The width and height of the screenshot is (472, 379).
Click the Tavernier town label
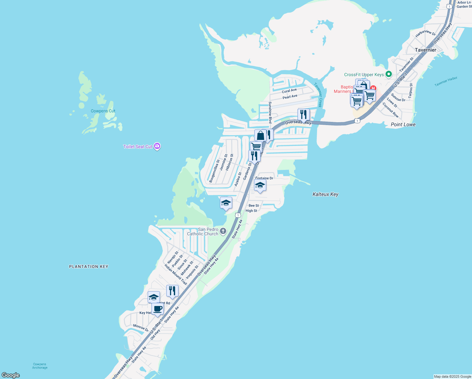(x=426, y=50)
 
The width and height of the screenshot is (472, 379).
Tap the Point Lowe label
(x=403, y=124)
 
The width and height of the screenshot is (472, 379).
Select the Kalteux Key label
(x=325, y=194)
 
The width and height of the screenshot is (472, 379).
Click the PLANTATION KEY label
(x=89, y=267)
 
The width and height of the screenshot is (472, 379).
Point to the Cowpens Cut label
(x=103, y=111)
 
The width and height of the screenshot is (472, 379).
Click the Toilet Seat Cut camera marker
(x=157, y=146)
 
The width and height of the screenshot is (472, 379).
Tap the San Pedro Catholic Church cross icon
(x=223, y=231)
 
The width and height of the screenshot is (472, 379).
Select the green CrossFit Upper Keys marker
(x=389, y=74)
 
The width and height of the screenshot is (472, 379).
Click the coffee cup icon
(x=157, y=309)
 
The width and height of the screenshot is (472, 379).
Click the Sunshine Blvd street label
(x=270, y=112)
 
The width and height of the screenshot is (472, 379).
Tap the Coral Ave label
(x=289, y=91)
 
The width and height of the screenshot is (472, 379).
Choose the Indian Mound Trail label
(x=176, y=274)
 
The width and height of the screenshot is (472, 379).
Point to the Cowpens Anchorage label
(x=40, y=366)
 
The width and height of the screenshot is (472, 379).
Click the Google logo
(x=11, y=375)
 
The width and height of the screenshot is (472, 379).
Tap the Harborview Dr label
(x=425, y=33)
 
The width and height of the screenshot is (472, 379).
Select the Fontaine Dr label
(x=264, y=178)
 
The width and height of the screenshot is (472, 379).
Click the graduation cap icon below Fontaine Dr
(x=260, y=185)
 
